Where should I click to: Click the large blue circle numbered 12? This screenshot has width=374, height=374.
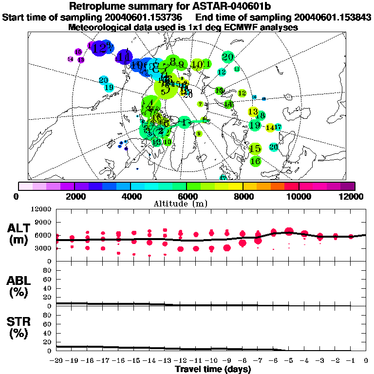click(x=101, y=48)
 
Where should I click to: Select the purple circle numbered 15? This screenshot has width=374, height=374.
click(x=78, y=52)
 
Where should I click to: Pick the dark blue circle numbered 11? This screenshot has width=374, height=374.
click(x=125, y=56)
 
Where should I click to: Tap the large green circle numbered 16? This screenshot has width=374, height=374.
click(x=255, y=161)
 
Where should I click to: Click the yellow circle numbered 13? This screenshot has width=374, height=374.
click(x=253, y=112)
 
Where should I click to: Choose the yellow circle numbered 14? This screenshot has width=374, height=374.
click(x=270, y=128)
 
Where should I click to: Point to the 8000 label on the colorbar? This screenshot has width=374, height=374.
click(x=243, y=196)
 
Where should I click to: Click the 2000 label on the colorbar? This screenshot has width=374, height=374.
click(x=74, y=196)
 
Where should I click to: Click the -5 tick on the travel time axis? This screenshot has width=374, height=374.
click(x=289, y=361)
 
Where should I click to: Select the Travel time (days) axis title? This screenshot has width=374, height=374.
click(x=213, y=370)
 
